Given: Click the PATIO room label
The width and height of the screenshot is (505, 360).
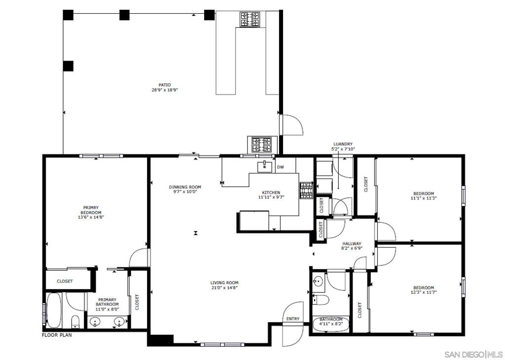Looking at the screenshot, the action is pyautogui.click(x=165, y=85).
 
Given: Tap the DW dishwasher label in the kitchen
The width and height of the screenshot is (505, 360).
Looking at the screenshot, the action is pyautogui.click(x=281, y=167).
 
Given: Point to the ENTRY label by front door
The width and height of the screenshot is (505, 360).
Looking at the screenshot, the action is pyautogui.click(x=293, y=319).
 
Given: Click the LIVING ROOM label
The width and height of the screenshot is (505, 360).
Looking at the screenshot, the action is pyautogui.click(x=224, y=283).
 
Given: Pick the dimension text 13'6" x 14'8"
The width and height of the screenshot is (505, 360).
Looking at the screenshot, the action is pyautogui.click(x=91, y=217).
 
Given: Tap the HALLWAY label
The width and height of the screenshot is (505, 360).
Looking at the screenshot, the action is pyautogui.click(x=352, y=244).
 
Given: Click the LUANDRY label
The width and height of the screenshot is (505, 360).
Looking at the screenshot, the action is pyautogui.click(x=343, y=144).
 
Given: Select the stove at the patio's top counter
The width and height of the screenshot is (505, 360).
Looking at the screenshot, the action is pyautogui.click(x=250, y=19).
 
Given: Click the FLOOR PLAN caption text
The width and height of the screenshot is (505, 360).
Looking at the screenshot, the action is pyautogui.click(x=57, y=335).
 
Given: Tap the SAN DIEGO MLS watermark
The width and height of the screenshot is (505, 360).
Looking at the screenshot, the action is pyautogui.click(x=473, y=355).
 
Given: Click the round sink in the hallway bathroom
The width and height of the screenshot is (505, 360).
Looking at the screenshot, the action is pyautogui.click(x=318, y=282).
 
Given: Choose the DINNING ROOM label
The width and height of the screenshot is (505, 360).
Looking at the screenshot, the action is pyautogui.click(x=185, y=187).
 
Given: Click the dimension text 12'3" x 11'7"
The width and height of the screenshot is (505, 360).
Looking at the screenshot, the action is pyautogui.click(x=424, y=292).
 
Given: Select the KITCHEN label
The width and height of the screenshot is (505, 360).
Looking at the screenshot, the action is pyautogui.click(x=271, y=192).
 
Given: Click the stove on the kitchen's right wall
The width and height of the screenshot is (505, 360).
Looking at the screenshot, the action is pyautogui.click(x=306, y=191).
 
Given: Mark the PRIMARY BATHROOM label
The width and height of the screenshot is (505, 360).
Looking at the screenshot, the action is pyautogui.click(x=108, y=302).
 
